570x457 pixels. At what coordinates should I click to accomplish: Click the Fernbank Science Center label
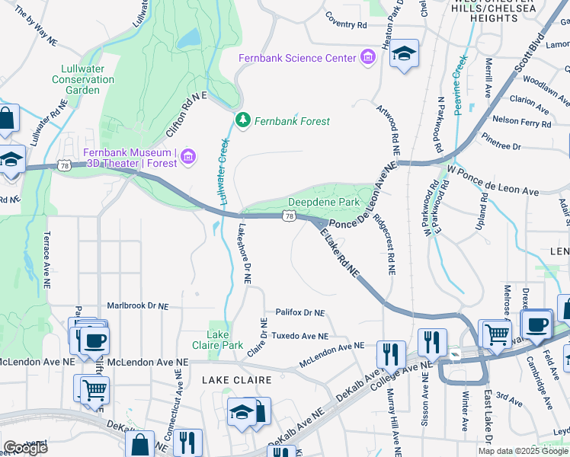coord(297,59)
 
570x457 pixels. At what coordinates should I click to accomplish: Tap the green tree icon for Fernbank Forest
coord(243,120)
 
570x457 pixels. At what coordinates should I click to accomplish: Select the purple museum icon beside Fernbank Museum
coord(189,158)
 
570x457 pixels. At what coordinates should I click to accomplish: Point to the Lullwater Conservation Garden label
coord(82,84)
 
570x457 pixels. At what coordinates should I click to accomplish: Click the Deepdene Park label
coord(323,203)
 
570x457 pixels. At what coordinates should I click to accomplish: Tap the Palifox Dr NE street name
coord(299,312)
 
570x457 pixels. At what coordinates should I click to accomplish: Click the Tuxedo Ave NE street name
coord(300,336)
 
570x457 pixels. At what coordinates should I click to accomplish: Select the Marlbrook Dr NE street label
coord(137,305)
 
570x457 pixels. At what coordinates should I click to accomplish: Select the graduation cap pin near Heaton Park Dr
coord(404,55)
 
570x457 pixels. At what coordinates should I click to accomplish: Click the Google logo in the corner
coord(24,448)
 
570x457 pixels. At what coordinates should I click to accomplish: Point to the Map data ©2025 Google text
coord(523,451)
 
